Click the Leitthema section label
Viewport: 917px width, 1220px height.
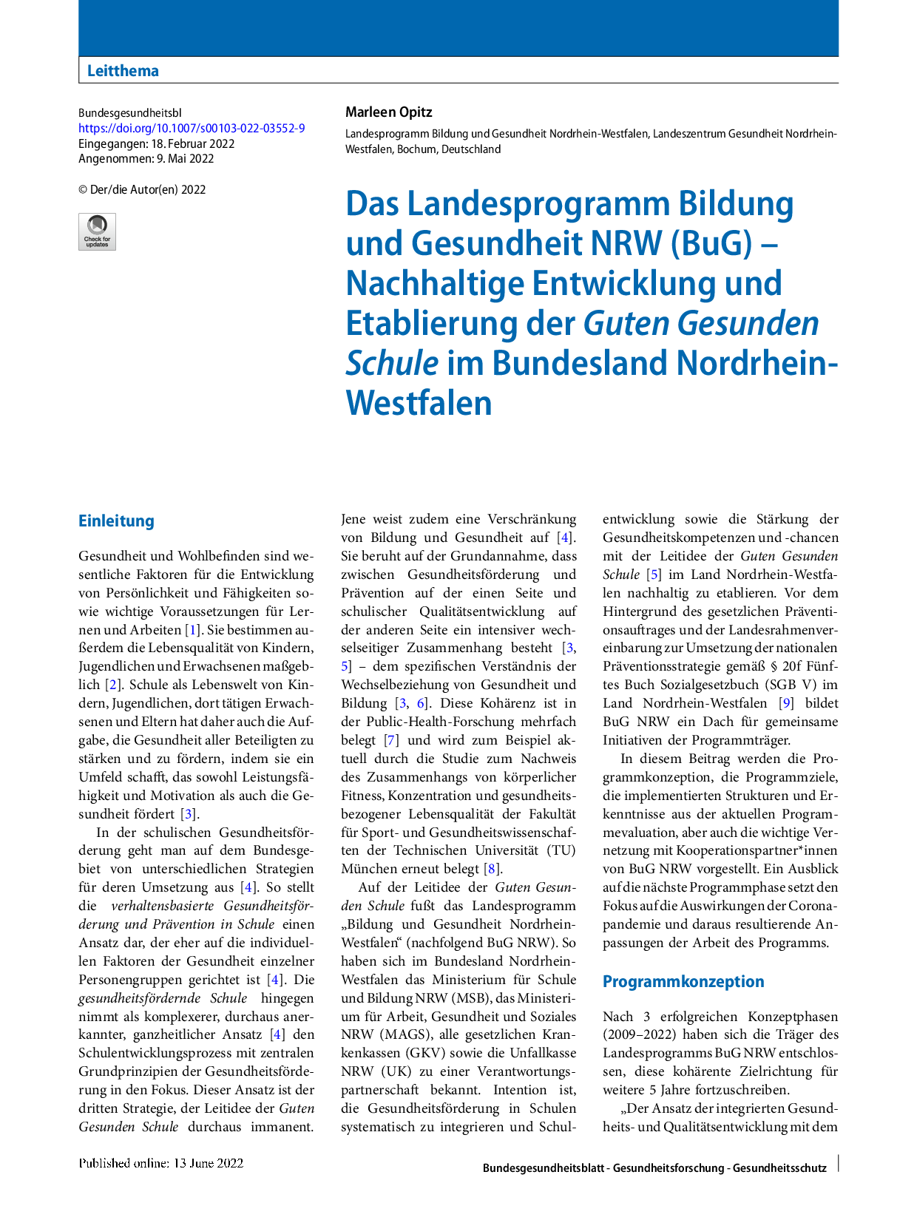(x=123, y=71)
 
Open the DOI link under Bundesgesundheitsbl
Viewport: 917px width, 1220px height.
(x=192, y=129)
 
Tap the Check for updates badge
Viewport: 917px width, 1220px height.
(x=97, y=231)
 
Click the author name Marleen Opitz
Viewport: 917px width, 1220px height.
(x=388, y=112)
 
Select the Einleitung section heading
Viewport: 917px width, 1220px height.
(x=116, y=521)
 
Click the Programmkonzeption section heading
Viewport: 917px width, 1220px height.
(x=683, y=982)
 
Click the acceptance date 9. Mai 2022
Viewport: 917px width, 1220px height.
(x=184, y=159)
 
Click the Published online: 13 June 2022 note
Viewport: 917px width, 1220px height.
(x=161, y=1163)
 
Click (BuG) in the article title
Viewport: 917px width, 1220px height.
(x=711, y=244)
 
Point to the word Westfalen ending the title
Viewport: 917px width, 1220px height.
(x=419, y=404)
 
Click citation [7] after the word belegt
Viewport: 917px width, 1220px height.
(x=391, y=740)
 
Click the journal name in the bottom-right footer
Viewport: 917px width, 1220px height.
(x=654, y=1168)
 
